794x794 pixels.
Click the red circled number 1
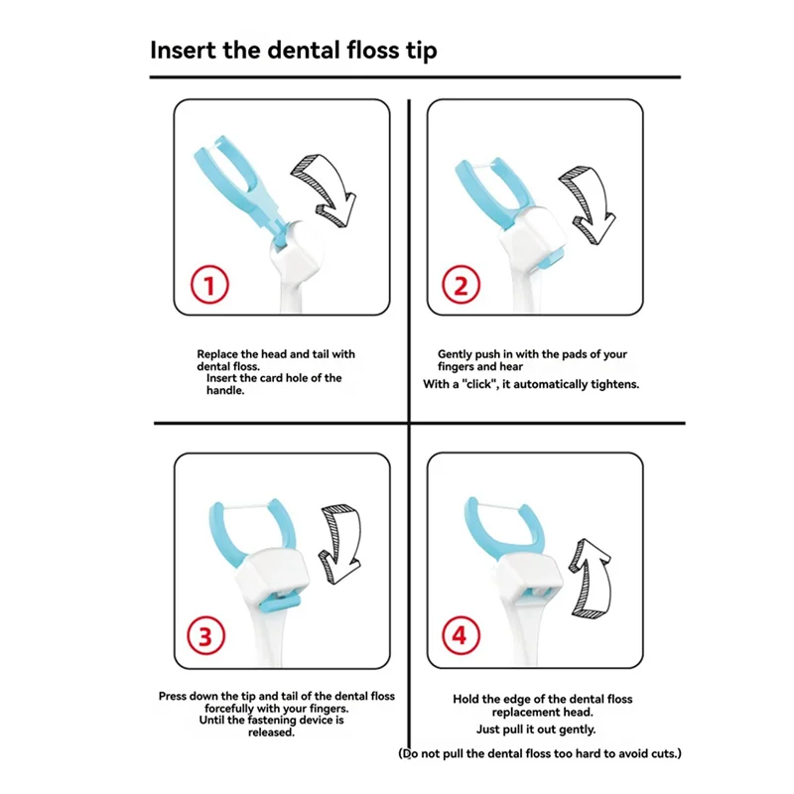[x=209, y=285]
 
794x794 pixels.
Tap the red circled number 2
[x=461, y=285]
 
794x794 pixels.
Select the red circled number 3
[x=205, y=635]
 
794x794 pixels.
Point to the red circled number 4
[x=461, y=635]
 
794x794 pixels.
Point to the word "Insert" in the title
[x=183, y=51]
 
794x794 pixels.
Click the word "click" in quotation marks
[x=478, y=384]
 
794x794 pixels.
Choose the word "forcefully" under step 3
[x=229, y=709]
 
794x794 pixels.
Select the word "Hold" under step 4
[x=464, y=700]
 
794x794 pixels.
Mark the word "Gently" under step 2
[x=455, y=354]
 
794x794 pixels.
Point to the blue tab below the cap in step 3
[x=280, y=602]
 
